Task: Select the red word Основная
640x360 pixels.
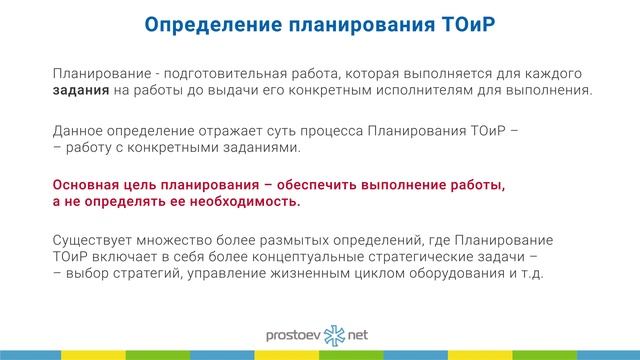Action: pos(89,185)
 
